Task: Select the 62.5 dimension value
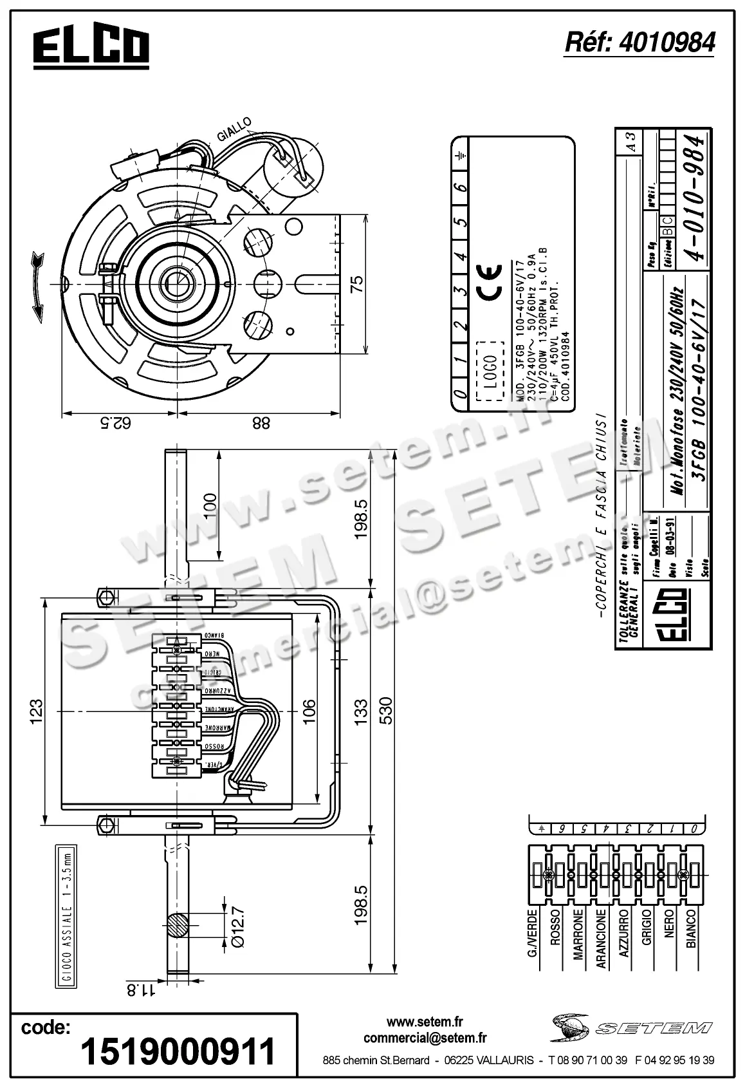point(118,424)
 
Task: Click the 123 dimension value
point(37,709)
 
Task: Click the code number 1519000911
point(178,1051)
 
